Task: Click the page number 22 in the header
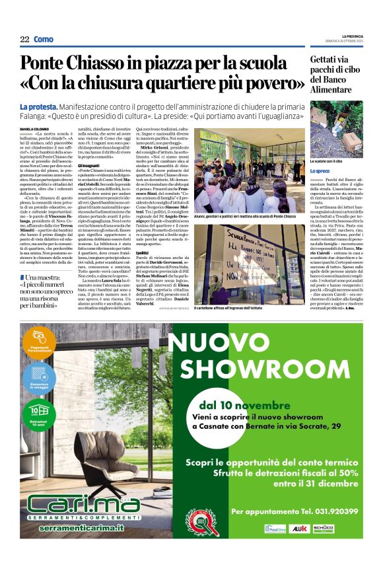point(24,40)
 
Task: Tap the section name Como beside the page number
point(44,40)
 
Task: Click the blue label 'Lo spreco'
point(322,171)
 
